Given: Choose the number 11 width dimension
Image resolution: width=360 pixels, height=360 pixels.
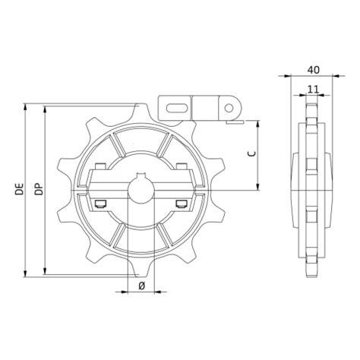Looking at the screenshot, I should [312, 89].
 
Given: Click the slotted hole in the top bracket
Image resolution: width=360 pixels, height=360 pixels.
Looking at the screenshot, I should [175, 106].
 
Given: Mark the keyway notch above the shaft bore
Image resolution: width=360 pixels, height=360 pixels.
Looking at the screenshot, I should [141, 179].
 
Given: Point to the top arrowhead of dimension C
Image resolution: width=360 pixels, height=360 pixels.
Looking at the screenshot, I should [260, 123].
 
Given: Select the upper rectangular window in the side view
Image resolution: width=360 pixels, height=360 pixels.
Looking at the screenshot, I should [311, 166].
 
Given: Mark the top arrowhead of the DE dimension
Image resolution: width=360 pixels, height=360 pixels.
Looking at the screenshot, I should [27, 106].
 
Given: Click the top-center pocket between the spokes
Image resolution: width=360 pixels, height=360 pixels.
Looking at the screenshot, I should [141, 141].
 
